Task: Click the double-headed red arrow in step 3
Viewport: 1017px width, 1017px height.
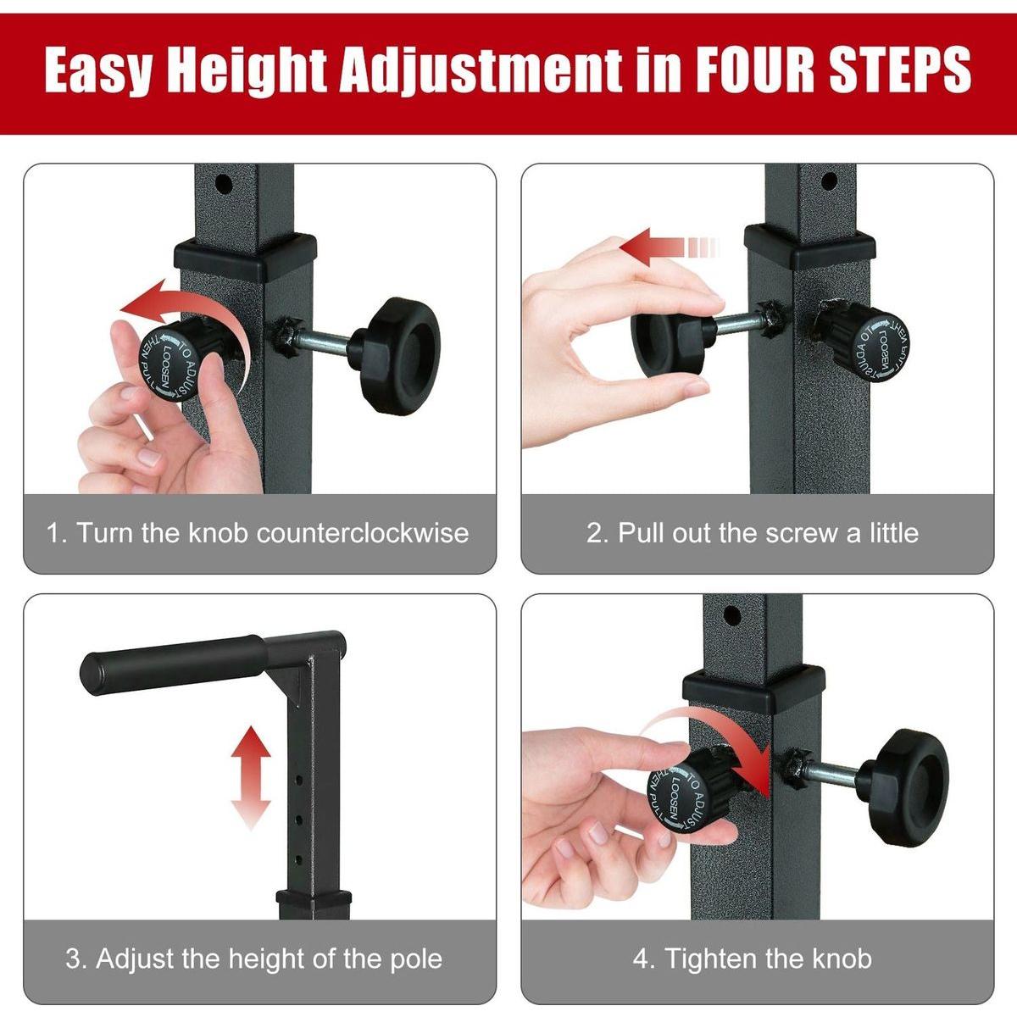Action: [x=251, y=776]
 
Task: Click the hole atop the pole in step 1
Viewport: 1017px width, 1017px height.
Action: [x=224, y=182]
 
